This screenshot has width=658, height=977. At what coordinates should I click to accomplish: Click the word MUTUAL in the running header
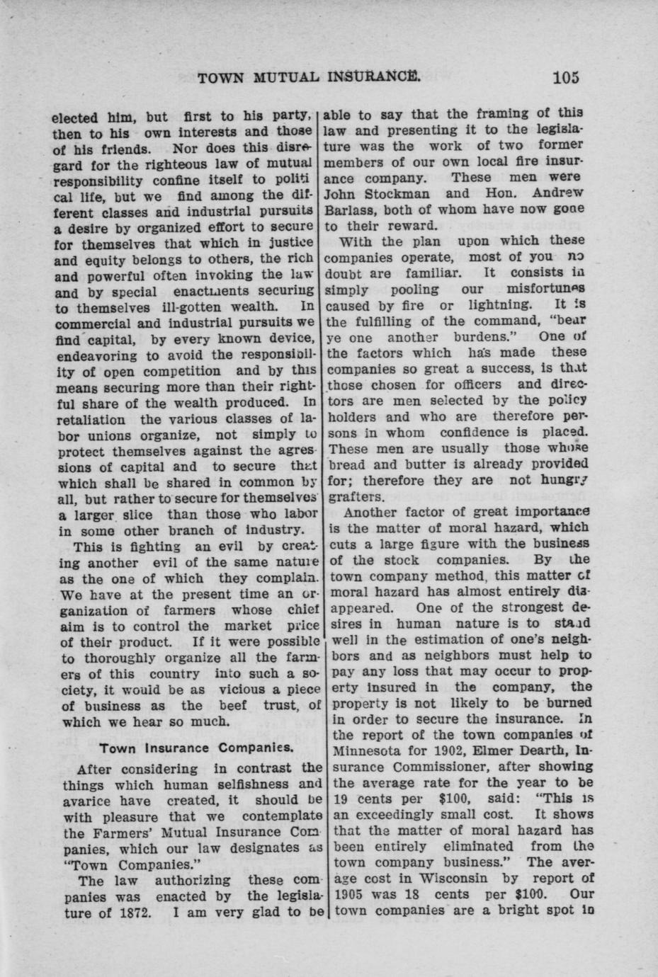pos(278,77)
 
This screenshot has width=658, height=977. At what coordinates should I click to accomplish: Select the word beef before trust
pos(233,706)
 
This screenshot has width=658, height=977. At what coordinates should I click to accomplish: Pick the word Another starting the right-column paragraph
pos(368,513)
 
